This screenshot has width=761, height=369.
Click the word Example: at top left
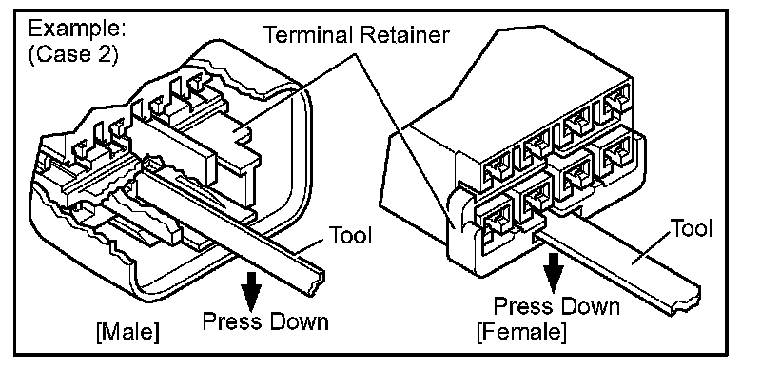pos(77,29)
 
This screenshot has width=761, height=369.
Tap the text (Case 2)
pos(73,53)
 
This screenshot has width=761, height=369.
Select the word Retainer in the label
pos(409,34)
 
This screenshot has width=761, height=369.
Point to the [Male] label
pos(127,332)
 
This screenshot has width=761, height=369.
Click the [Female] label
pos(521,332)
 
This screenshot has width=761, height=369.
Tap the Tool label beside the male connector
pos(350,235)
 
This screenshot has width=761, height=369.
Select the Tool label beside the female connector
pos(692,227)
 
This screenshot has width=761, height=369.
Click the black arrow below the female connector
pos(553,269)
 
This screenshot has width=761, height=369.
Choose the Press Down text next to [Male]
pos(265,321)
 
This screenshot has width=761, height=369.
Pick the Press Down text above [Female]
pos(556,307)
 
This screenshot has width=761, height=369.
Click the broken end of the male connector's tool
pos(316,282)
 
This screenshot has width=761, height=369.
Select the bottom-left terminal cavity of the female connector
pos(494,224)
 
